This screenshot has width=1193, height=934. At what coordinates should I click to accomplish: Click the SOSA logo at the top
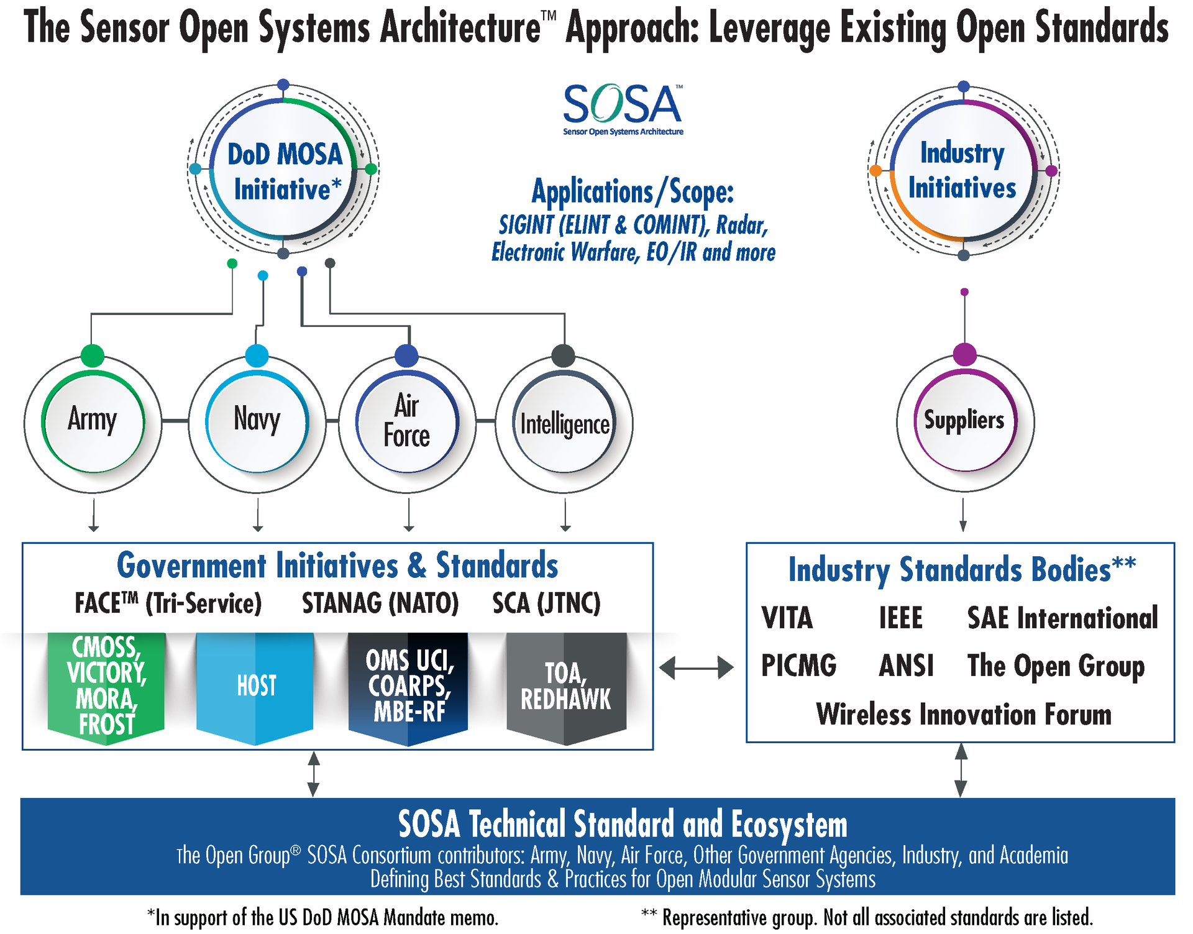point(623,109)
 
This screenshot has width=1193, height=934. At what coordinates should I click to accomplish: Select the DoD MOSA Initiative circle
point(284,170)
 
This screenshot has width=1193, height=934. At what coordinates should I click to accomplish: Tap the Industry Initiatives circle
point(962,170)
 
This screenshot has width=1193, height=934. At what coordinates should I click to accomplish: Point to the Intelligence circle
point(564,423)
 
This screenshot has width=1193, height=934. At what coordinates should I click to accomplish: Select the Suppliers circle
point(964,421)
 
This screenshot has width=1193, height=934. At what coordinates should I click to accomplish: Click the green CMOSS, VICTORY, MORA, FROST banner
point(106,686)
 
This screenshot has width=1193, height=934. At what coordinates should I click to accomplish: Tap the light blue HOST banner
point(255,686)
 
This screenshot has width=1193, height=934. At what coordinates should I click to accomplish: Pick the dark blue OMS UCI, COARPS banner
point(408,686)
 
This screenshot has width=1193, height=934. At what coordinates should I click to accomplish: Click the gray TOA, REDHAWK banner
point(565,686)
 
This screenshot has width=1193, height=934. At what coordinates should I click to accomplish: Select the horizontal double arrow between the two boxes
point(696,668)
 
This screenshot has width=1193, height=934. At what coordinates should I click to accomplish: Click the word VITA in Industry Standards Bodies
point(787,618)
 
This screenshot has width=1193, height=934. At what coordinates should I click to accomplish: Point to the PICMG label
point(799,666)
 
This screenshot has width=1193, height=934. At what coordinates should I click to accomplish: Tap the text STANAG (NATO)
point(380,603)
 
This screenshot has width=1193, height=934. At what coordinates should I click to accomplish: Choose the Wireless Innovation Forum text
point(964,714)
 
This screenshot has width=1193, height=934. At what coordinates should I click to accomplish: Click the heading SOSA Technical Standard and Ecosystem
point(623,825)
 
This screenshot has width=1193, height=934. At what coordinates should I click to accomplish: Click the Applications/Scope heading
point(633,192)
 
